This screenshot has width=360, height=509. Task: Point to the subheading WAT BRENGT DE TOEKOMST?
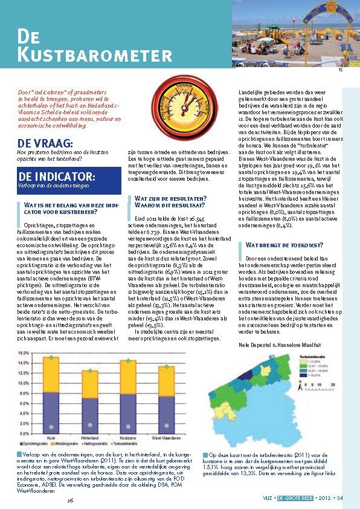284,245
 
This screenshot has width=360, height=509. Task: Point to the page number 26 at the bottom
70,501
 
